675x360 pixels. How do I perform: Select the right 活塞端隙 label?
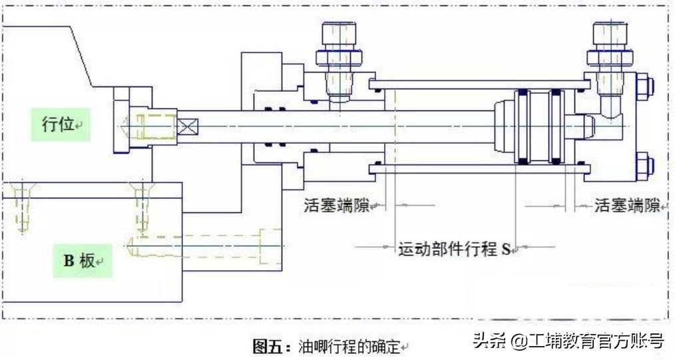(x=625, y=206)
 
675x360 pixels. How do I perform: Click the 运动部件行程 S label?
(x=454, y=250)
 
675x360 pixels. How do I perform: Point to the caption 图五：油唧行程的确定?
(x=329, y=347)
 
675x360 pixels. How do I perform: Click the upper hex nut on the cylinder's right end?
(x=644, y=87)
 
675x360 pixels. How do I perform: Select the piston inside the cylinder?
(x=535, y=126)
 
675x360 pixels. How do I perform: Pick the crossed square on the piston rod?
(x=187, y=126)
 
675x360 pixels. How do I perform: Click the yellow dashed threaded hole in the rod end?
(x=154, y=126)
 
